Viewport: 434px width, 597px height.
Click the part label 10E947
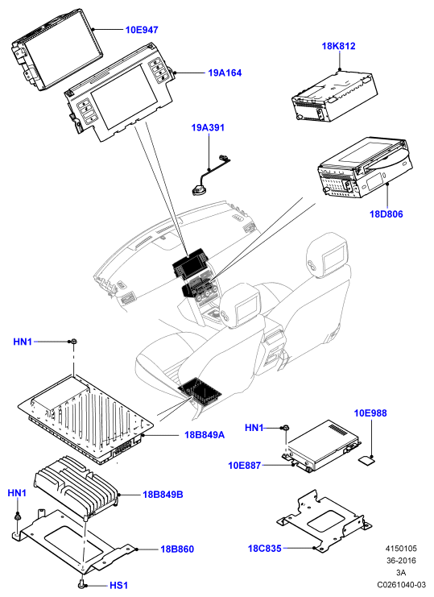[142, 30]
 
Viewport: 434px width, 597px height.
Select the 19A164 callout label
[225, 73]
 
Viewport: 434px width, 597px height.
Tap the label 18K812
[338, 46]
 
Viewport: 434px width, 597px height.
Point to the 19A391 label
[208, 127]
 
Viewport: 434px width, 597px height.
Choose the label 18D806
[386, 214]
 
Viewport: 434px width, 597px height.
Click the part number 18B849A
[205, 434]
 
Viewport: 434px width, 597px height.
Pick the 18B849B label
[163, 495]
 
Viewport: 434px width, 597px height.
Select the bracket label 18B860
[177, 549]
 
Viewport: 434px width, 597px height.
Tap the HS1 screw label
[118, 585]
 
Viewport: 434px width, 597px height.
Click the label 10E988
[370, 413]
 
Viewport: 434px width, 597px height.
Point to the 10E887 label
[245, 465]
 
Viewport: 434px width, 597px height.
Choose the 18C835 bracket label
[265, 549]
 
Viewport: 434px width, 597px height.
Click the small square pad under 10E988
[367, 460]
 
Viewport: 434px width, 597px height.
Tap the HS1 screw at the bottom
[82, 583]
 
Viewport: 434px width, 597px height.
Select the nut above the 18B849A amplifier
[72, 341]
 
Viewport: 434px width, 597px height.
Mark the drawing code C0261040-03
[402, 584]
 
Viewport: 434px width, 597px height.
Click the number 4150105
[401, 549]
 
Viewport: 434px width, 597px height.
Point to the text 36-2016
[401, 561]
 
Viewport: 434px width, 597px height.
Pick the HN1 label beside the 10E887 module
[254, 428]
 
